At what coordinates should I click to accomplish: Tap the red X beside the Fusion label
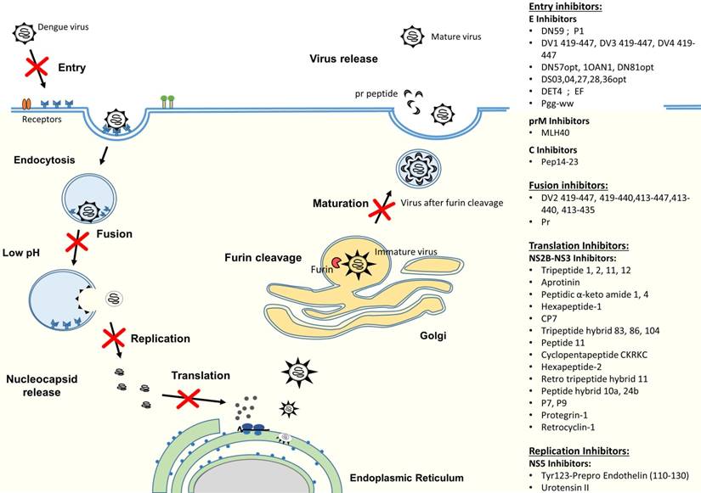pos(77,241)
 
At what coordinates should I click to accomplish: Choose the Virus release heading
pos(343,59)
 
